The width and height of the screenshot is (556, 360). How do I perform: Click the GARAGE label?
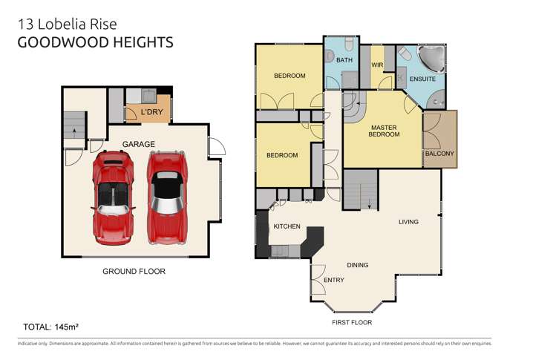[139, 143]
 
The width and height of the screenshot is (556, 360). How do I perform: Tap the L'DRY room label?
[151, 113]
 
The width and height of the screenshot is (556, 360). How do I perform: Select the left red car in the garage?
[114, 197]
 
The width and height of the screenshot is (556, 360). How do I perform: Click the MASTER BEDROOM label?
[385, 131]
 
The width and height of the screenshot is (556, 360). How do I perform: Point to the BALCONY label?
[439, 154]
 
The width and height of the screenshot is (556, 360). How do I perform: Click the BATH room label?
[344, 60]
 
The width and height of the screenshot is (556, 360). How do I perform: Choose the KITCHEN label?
[287, 226]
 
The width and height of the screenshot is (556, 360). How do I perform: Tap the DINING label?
[358, 265]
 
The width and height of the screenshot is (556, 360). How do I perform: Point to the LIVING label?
[408, 222]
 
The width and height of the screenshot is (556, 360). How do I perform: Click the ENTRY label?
[334, 280]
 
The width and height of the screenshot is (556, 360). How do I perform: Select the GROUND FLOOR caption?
[134, 272]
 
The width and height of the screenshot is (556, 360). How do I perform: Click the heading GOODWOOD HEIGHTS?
[94, 42]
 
